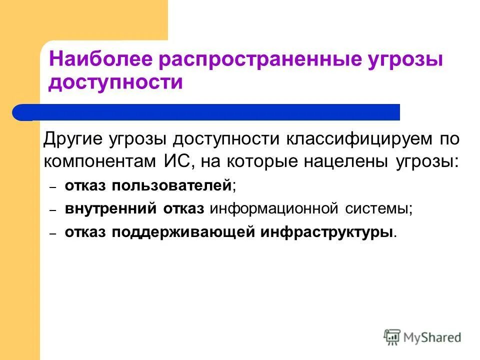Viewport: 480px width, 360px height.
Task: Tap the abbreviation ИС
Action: [x=175, y=161]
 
